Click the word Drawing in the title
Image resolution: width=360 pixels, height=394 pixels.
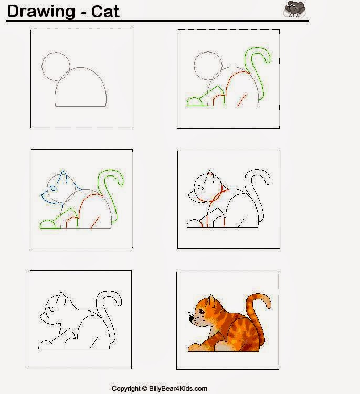pos(41,12)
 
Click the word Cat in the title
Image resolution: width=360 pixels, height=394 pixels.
pos(105,12)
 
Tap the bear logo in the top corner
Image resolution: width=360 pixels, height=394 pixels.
pos(295,9)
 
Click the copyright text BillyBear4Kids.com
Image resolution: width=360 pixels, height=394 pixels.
pos(178,388)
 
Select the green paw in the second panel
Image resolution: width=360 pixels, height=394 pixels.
pos(194,102)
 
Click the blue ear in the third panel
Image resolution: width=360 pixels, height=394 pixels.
pos(62,177)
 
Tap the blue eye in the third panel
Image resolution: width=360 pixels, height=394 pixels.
pos(53,188)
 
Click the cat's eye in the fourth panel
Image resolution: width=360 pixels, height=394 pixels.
pos(200,188)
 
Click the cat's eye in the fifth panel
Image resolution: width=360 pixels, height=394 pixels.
pos(52,309)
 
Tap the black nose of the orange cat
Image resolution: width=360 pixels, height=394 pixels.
pos(191,319)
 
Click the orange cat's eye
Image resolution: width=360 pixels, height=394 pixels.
pos(202,312)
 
